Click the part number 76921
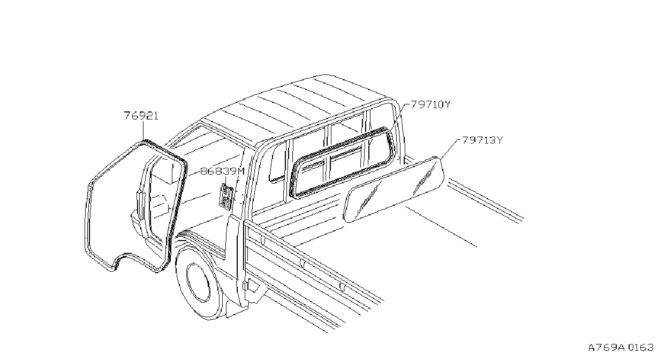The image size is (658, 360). [141, 116]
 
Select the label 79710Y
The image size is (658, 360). [430, 104]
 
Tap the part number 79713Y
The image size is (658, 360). [482, 140]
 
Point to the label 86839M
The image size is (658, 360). [222, 171]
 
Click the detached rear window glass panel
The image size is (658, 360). [394, 190]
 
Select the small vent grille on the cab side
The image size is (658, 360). [226, 197]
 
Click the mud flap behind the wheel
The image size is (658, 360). [237, 308]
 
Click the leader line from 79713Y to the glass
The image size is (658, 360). [449, 149]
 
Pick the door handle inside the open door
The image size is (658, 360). [140, 205]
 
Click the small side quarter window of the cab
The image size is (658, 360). [277, 162]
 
